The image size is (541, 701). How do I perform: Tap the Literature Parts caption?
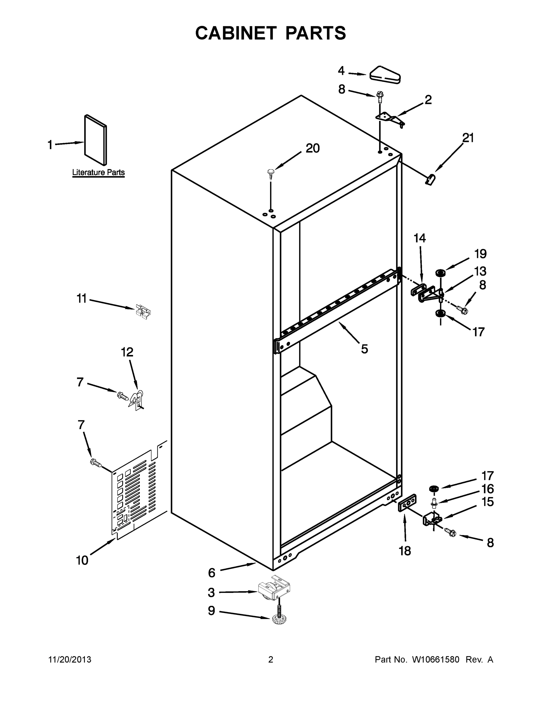(98, 172)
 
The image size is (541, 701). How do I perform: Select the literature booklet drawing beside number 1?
(95, 140)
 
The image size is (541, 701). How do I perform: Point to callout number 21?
(468, 138)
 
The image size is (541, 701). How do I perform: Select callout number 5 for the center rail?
(364, 349)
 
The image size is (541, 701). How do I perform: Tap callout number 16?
(487, 489)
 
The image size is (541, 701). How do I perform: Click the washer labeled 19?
(440, 273)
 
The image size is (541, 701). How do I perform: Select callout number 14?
(420, 238)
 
